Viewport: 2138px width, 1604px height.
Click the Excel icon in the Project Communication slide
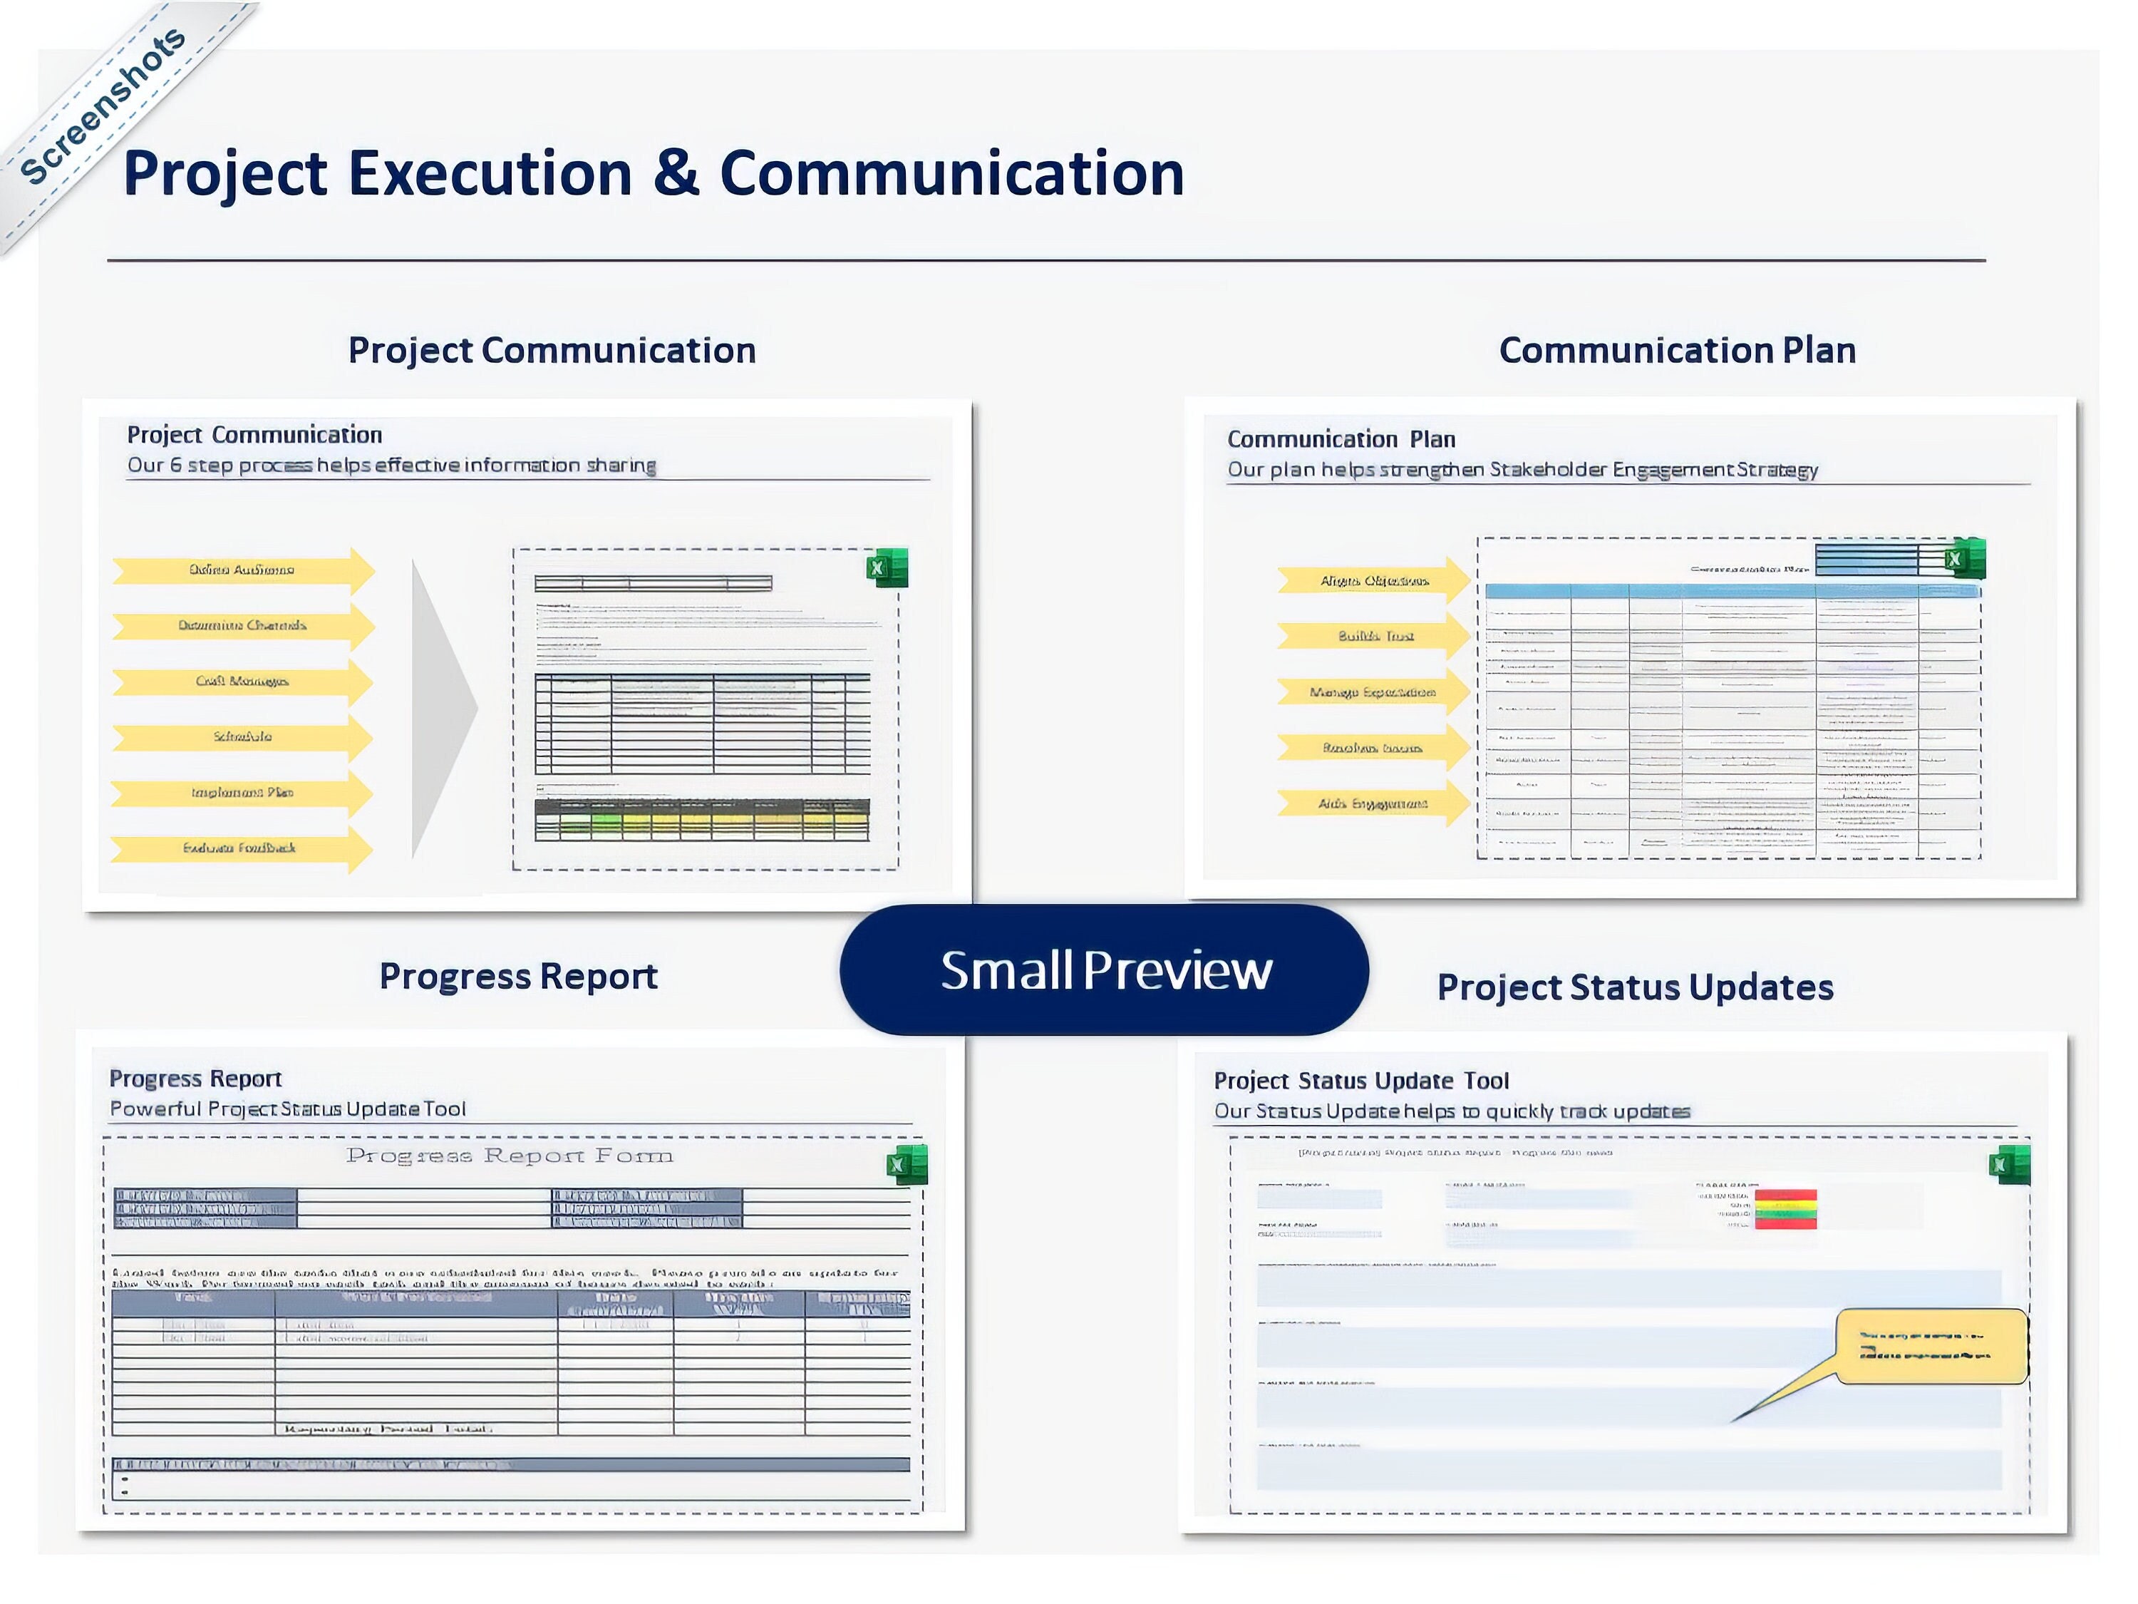887,567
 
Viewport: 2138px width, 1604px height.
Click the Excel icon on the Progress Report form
907,1164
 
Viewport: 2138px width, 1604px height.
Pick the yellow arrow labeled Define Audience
242,570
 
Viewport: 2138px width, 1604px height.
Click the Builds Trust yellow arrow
1373,636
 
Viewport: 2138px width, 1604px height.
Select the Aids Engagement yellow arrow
1373,804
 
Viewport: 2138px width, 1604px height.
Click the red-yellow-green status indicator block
1785,1208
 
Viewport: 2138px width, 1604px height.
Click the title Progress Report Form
510,1156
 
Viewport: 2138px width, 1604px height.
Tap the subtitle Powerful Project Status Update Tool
287,1109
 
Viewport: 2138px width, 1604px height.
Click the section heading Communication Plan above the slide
1677,350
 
